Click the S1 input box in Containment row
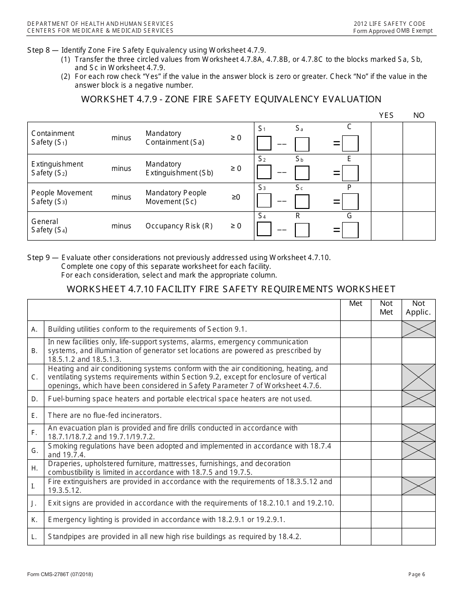(264, 144)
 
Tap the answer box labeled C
(350, 144)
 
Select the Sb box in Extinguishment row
(302, 173)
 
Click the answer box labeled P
(350, 202)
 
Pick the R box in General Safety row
(302, 230)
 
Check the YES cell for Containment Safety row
(386, 138)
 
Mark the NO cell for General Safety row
(419, 226)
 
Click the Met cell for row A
(356, 329)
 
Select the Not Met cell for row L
(386, 537)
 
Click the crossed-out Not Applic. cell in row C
(418, 377)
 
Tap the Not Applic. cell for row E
(418, 415)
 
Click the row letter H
(35, 468)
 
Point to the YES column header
(386, 115)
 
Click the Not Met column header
(386, 308)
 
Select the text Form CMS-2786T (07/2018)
(60, 575)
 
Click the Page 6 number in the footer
(417, 575)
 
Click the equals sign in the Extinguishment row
(336, 173)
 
